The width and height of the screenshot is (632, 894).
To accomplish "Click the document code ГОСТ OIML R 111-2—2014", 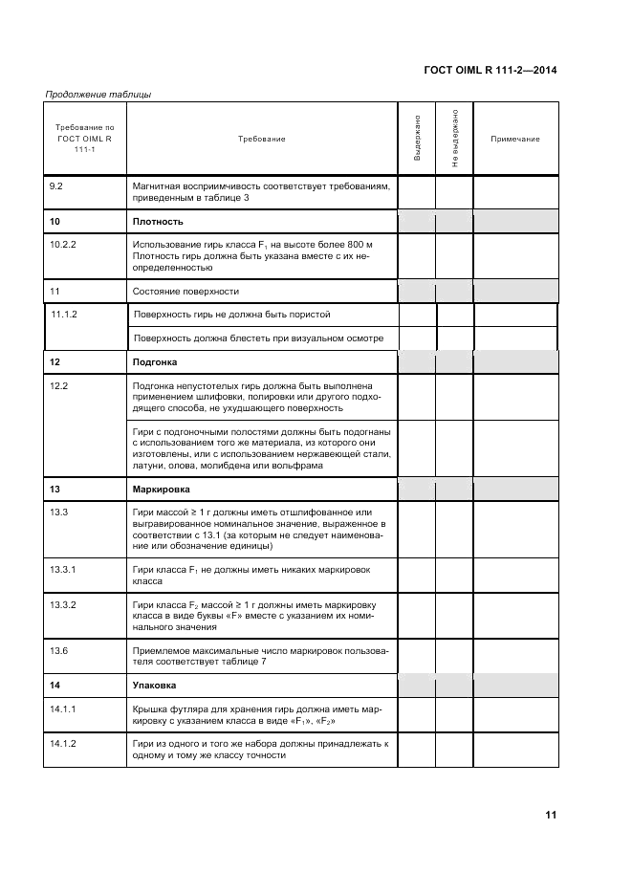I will [x=489, y=70].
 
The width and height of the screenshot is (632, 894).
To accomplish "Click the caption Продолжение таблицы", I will [x=98, y=94].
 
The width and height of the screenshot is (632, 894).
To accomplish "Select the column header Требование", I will [x=261, y=140].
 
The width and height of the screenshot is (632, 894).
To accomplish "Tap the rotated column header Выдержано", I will [x=417, y=140].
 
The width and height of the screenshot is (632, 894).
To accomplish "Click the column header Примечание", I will [x=515, y=140].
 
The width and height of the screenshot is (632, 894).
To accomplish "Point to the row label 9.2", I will [x=57, y=186].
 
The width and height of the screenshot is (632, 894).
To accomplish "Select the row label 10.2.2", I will [x=63, y=245].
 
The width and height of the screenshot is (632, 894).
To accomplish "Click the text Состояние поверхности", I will [x=186, y=291].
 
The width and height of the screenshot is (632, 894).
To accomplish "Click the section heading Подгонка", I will [x=155, y=362].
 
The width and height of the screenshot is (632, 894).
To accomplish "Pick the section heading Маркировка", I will [x=161, y=489].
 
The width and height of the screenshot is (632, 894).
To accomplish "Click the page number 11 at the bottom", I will [x=551, y=816].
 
